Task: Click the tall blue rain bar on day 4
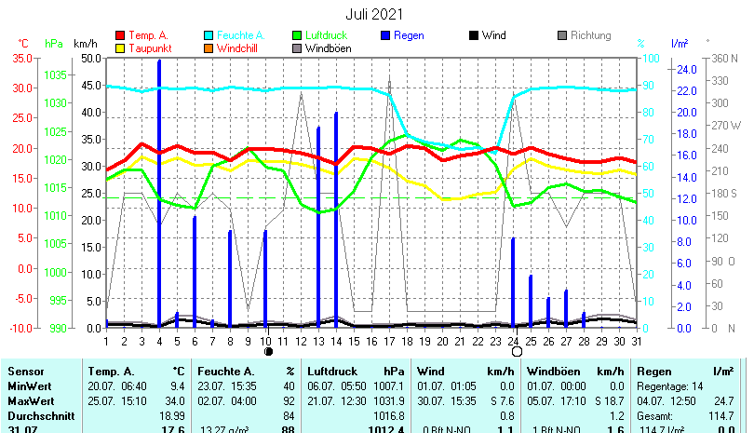[x=159, y=186]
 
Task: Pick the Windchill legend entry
[x=237, y=47]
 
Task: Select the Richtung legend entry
[x=590, y=35]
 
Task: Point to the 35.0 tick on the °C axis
[x=21, y=59]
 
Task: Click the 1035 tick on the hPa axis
[x=54, y=74]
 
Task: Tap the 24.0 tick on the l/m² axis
[x=686, y=69]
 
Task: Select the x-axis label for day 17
[x=389, y=340]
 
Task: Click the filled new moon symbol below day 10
[x=269, y=352]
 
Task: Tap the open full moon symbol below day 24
[x=517, y=352]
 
